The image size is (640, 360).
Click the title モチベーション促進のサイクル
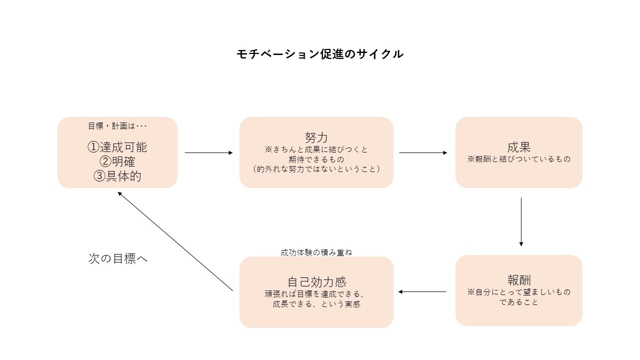pyautogui.click(x=320, y=54)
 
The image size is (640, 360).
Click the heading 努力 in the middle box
pyautogui.click(x=316, y=137)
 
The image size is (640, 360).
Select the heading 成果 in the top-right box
pyautogui.click(x=518, y=147)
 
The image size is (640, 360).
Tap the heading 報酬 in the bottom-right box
pyautogui.click(x=518, y=279)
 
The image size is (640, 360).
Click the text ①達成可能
pyautogui.click(x=117, y=147)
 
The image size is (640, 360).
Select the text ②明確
pyautogui.click(x=117, y=161)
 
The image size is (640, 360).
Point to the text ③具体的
pyautogui.click(x=117, y=176)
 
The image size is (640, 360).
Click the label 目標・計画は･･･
pyautogui.click(x=117, y=126)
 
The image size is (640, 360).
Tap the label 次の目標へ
pyautogui.click(x=118, y=258)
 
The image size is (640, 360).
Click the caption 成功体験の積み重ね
pyautogui.click(x=316, y=252)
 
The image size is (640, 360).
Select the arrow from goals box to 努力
pyautogui.click(x=208, y=152)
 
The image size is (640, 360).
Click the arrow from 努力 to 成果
pyautogui.click(x=423, y=152)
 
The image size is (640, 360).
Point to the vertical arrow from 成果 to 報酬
pyautogui.click(x=521, y=221)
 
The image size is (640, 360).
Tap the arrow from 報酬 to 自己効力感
pyautogui.click(x=422, y=291)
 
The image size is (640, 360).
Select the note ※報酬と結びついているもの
pyautogui.click(x=518, y=159)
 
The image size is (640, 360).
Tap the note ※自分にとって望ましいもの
pyautogui.click(x=518, y=292)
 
